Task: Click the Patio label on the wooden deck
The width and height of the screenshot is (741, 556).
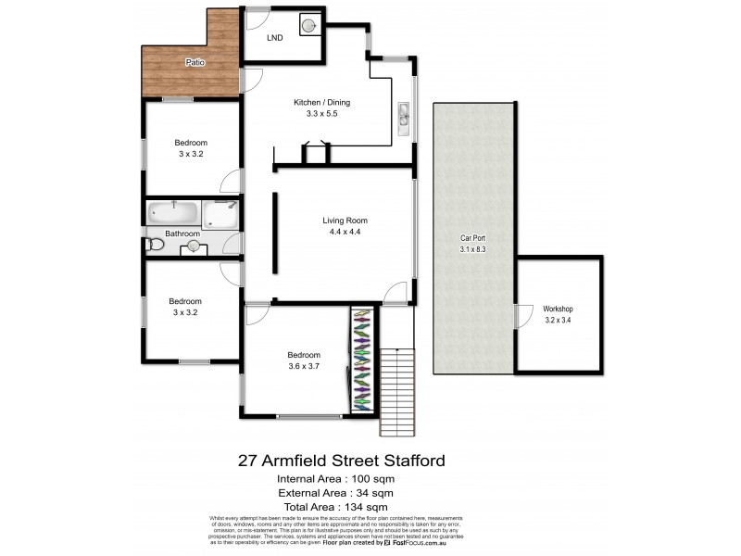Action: [194, 63]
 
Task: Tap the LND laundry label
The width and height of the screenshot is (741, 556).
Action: [275, 39]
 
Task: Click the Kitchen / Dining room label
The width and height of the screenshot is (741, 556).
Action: [321, 103]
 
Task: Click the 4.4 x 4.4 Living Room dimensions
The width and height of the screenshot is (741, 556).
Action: [345, 232]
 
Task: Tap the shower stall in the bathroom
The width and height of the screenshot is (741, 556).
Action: [220, 214]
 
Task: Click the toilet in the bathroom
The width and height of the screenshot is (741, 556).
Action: [155, 246]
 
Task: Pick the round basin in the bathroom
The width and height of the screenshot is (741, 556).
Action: [193, 246]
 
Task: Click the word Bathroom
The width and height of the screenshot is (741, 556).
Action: [182, 234]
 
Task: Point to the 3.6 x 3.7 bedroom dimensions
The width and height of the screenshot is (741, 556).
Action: [303, 366]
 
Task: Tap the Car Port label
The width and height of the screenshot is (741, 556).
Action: [473, 238]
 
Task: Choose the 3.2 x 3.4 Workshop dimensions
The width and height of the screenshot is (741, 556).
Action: [559, 320]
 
